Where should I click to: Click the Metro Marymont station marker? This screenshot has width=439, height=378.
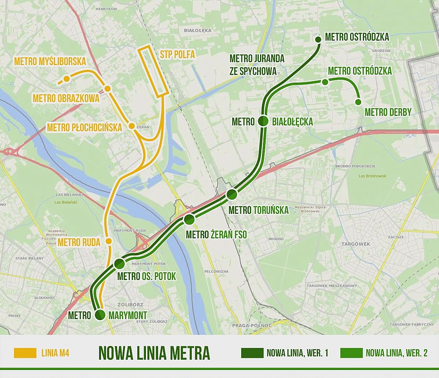coord(100,315)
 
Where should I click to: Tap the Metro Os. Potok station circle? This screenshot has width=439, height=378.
coord(119,263)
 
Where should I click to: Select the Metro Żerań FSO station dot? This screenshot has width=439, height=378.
coord(189,219)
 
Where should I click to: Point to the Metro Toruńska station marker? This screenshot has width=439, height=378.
coord(232,194)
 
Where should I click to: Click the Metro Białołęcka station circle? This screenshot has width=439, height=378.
coord(263,121)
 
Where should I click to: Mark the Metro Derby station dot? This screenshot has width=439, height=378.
coord(358,102)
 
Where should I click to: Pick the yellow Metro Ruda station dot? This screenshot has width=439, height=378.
coord(109,241)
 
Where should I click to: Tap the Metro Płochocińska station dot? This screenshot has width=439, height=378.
coord(132,126)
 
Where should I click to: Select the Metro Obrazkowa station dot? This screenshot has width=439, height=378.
coord(108,89)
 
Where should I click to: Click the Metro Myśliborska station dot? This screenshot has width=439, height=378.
coord(67,78)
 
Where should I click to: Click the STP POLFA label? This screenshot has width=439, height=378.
coord(177,54)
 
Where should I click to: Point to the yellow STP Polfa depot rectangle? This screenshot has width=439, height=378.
coord(153,71)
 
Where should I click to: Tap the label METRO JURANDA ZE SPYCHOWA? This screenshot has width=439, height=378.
coord(257,64)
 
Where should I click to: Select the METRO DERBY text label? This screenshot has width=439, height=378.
coord(388,112)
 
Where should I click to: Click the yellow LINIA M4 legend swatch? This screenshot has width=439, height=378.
coord(25,353)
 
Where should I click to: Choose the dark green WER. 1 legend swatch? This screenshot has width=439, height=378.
coord(252,353)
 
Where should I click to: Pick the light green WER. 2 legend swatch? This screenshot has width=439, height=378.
coord(350,353)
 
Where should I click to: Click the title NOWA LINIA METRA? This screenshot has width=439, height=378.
coord(154,353)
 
